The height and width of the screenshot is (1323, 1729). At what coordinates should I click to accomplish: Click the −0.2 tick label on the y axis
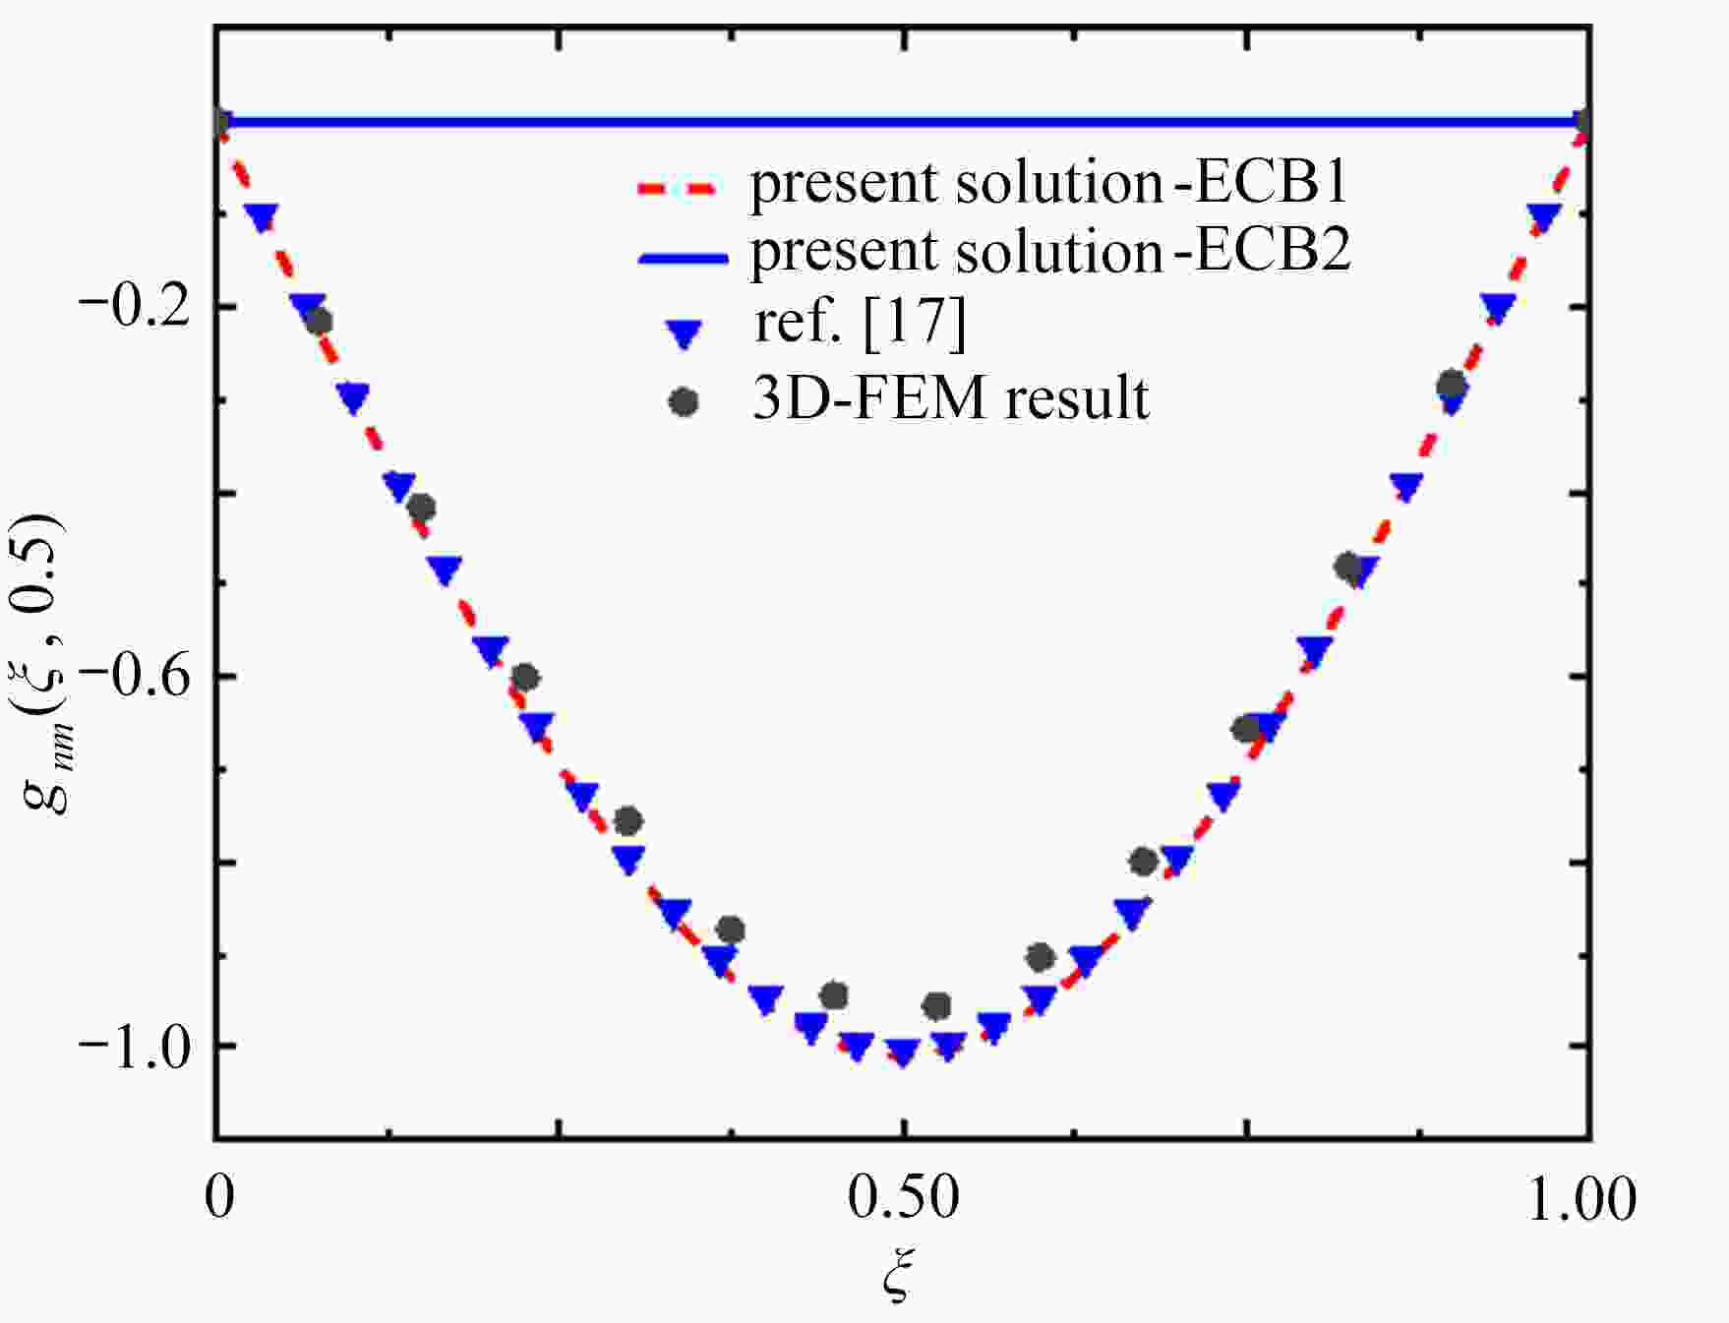pos(134,308)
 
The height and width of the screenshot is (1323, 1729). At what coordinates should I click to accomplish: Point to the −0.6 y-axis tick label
pos(134,678)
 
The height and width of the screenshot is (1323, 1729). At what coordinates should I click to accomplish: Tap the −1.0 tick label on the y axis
pos(134,1048)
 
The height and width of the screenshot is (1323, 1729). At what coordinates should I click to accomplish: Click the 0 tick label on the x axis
pos(219,1198)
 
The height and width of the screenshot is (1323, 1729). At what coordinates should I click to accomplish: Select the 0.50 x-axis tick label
pos(903,1198)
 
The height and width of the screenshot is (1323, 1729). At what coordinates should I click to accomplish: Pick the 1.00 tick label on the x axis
pos(1581,1198)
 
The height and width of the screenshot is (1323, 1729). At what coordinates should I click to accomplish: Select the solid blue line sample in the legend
pos(683,258)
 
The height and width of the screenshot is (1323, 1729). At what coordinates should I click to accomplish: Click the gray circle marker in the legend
pos(683,401)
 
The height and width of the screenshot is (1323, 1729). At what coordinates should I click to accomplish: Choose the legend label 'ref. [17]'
pos(860,323)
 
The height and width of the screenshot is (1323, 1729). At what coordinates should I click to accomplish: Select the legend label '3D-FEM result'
pos(950,398)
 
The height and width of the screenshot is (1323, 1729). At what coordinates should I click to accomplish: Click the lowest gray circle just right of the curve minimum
pos(937,1005)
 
